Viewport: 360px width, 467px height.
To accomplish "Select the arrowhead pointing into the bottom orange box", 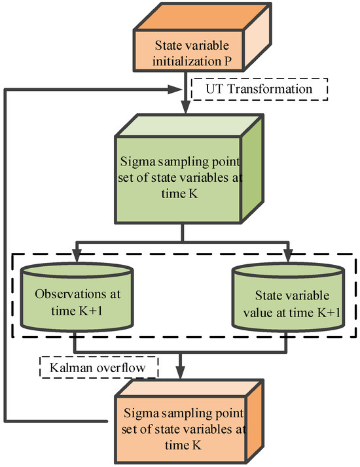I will click(x=182, y=376).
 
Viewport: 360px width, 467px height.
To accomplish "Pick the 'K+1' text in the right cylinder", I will click(x=325, y=313).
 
